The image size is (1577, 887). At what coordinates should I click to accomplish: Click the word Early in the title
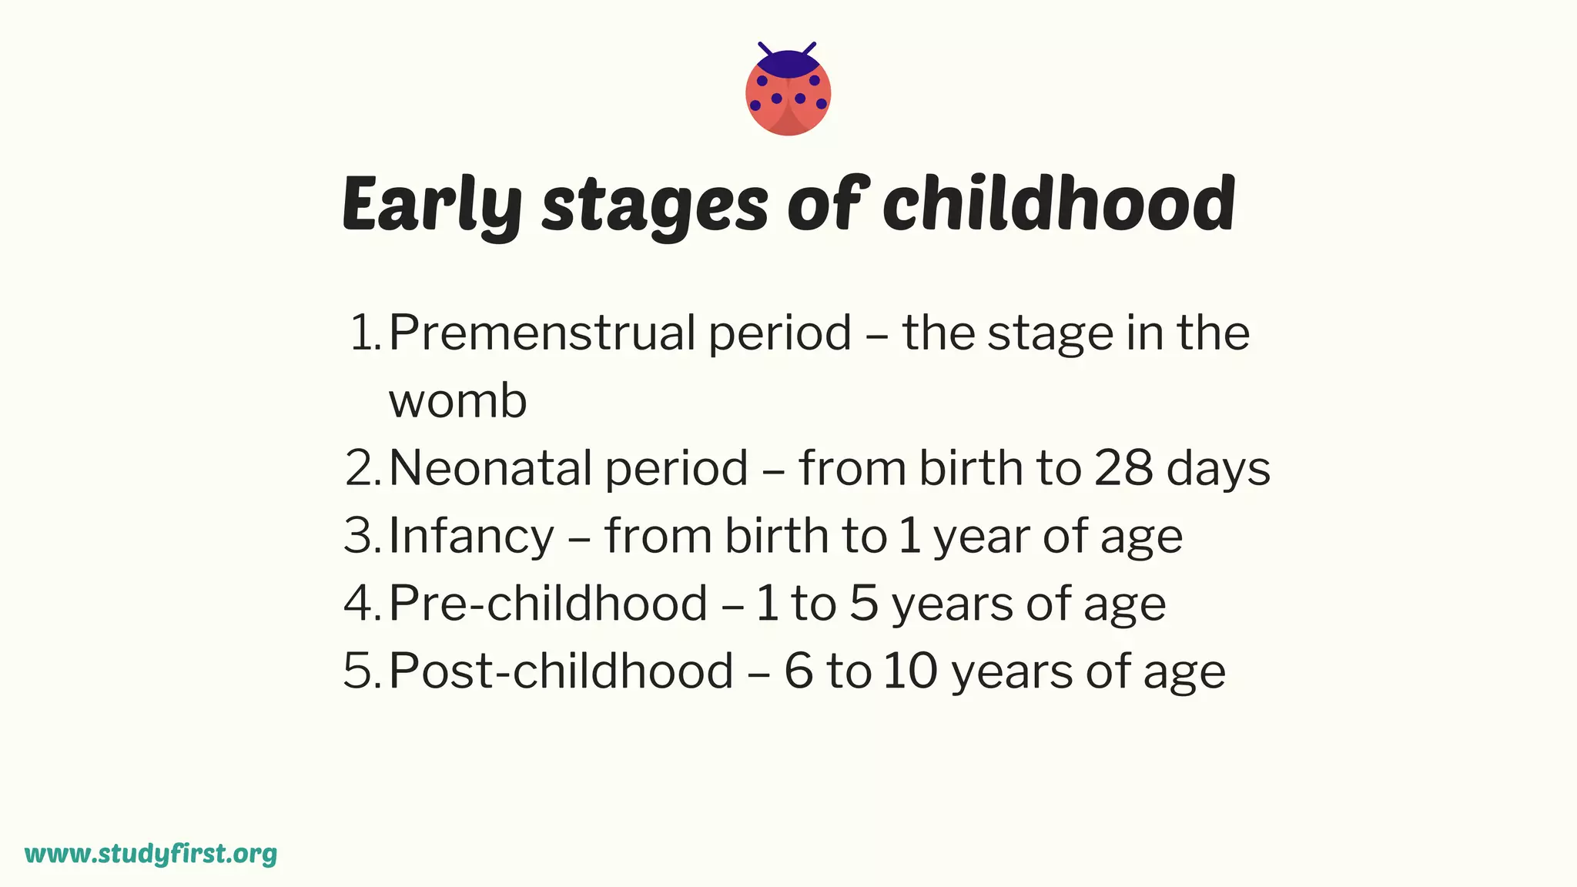431,204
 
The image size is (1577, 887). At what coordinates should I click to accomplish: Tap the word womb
457,401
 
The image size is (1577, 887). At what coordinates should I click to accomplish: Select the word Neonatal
491,468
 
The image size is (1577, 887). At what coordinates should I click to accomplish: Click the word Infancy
471,537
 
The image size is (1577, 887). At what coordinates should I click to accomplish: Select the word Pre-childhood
547,603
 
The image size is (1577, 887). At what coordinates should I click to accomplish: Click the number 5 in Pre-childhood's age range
864,604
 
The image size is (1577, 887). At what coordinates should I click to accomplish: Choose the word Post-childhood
561,671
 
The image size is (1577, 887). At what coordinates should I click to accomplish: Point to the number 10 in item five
910,671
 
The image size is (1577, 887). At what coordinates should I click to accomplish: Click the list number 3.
359,536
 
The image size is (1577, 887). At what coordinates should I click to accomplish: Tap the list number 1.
362,333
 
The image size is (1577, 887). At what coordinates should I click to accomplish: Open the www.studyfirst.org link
151,854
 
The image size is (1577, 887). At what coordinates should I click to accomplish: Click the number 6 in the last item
799,671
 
